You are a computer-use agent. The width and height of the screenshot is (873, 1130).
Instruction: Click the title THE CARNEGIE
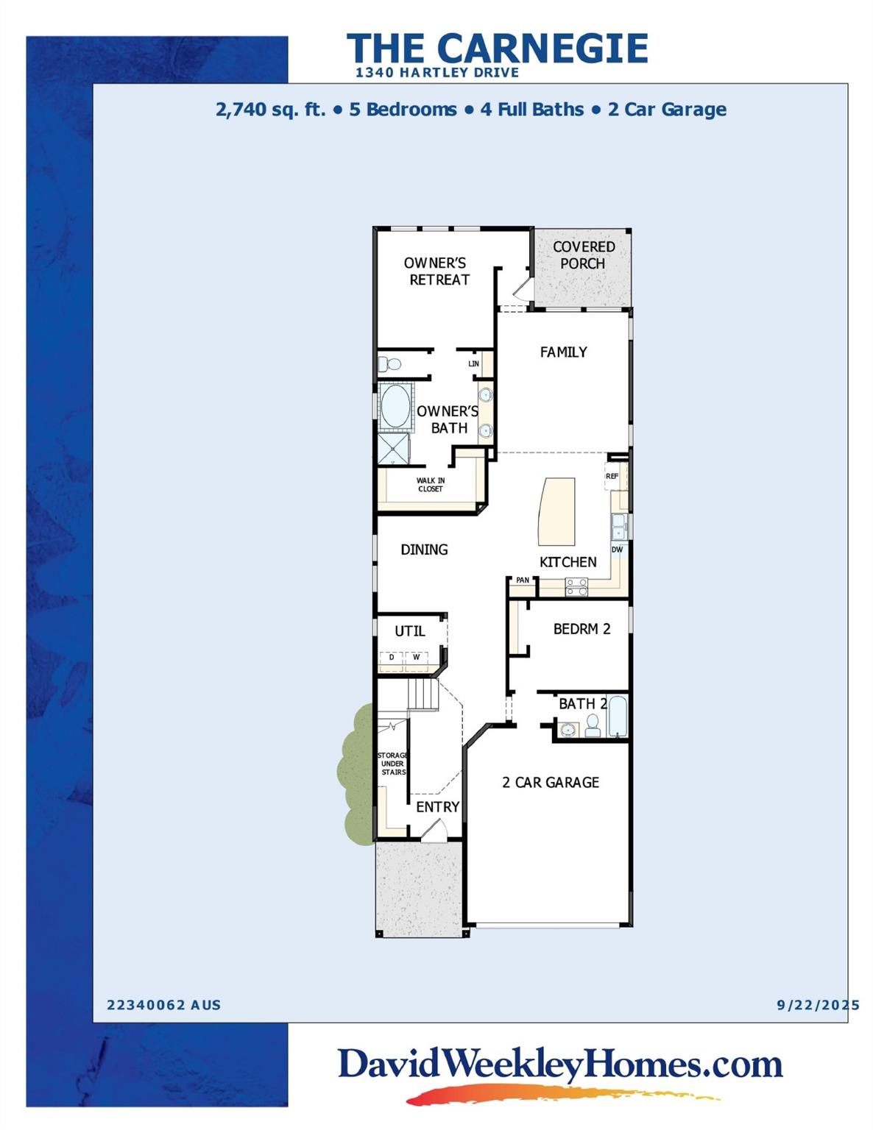tap(498, 49)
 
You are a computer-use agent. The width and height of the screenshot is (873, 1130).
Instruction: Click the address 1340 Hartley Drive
tap(436, 73)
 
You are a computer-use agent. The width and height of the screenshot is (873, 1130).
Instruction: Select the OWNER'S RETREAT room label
tap(437, 271)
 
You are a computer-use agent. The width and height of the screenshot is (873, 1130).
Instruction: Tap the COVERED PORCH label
tap(583, 255)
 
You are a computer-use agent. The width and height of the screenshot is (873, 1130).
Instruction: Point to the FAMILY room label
tap(563, 352)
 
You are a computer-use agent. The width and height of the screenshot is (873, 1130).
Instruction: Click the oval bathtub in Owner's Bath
tap(395, 406)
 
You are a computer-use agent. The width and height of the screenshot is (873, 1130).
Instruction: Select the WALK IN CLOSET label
tap(431, 485)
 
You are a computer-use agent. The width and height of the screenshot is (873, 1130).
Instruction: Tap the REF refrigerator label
tap(612, 477)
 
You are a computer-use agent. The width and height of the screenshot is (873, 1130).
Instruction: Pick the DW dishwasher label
tap(617, 550)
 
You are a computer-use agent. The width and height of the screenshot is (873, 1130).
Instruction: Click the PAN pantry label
tap(522, 580)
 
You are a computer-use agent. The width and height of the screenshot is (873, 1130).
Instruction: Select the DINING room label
tap(424, 550)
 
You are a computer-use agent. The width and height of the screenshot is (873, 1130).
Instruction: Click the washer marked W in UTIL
tap(416, 657)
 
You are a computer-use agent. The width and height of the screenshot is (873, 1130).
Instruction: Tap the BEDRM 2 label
tap(582, 629)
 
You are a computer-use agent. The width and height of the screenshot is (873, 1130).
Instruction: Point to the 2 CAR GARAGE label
tap(550, 783)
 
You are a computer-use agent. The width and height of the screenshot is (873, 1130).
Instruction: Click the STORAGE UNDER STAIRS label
tap(392, 764)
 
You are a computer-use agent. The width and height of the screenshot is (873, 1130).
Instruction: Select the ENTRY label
tap(437, 807)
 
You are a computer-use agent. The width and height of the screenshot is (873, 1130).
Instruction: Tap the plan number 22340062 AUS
tap(163, 1005)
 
